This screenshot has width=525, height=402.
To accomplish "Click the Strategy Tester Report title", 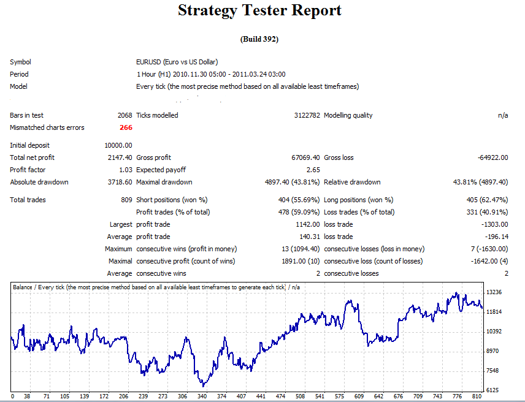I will tap(259, 10).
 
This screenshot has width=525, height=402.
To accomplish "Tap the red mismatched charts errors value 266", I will tap(125, 127).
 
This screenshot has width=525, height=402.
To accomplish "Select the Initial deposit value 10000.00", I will tap(118, 145).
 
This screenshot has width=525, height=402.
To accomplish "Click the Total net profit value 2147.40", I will tap(120, 157).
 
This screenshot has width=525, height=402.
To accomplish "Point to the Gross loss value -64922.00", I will tap(492, 157).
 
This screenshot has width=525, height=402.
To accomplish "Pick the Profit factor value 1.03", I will tap(125, 170).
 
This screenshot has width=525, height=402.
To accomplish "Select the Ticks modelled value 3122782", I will tap(307, 115).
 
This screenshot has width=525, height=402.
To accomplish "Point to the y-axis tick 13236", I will tap(494, 292).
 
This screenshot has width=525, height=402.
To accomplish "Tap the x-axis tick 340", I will tap(202, 396).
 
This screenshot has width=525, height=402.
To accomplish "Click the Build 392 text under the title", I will tap(259, 39).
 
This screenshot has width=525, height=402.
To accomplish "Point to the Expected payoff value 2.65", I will tap(313, 170).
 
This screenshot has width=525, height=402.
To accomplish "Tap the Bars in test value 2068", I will tap(124, 115).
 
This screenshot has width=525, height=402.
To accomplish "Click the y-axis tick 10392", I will tap(494, 332).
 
